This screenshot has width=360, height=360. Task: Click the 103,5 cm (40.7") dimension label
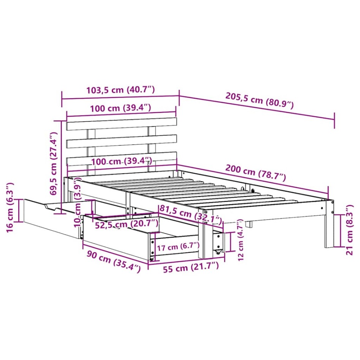[x=120, y=90]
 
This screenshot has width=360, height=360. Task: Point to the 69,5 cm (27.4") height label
[x=54, y=163]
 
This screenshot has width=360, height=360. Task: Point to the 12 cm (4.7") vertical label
[x=239, y=240]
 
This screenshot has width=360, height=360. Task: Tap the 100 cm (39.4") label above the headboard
[x=121, y=108]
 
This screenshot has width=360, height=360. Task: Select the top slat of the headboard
[x=122, y=124]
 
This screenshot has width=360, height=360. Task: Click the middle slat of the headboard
[x=122, y=141]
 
